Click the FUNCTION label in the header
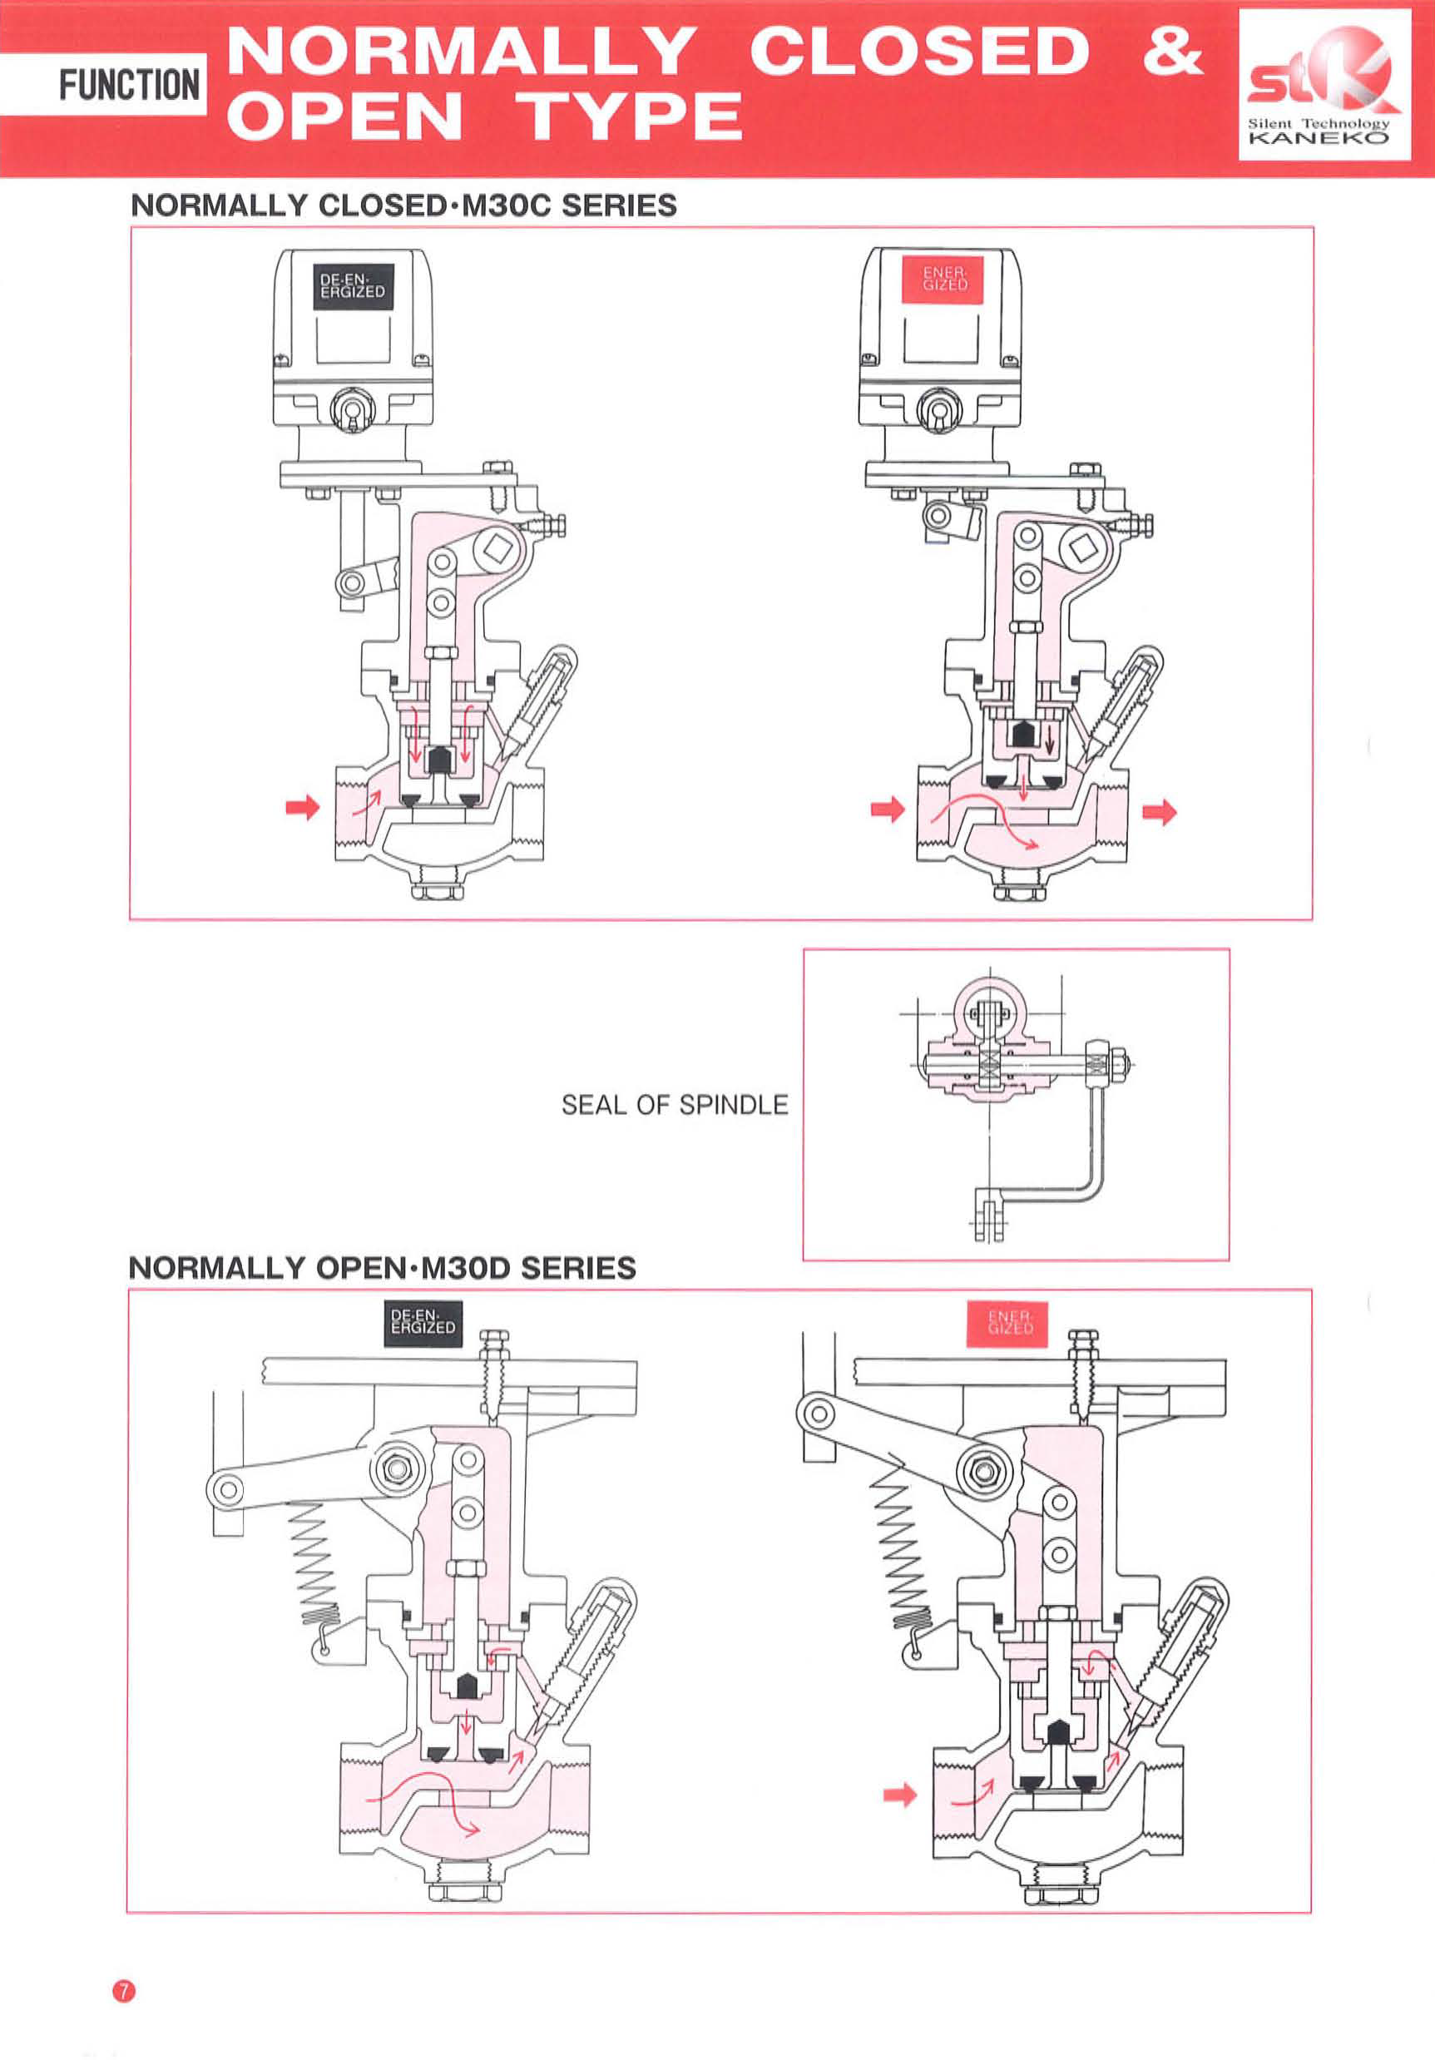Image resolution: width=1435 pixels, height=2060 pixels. (x=128, y=85)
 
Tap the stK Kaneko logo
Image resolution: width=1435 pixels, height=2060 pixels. (x=1324, y=85)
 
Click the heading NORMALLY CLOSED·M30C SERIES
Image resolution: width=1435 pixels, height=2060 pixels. (x=403, y=206)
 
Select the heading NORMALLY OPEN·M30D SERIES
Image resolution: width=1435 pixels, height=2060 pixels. (x=382, y=1268)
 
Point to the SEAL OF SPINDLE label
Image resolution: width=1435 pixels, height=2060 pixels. (x=675, y=1105)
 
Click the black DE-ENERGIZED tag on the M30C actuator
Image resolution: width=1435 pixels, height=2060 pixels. (x=353, y=286)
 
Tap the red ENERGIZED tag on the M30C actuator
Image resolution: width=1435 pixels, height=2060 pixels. (x=945, y=278)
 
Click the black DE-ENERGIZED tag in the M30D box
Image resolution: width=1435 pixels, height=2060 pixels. (x=423, y=1324)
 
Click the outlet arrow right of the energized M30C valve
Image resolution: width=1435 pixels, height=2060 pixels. (x=1159, y=813)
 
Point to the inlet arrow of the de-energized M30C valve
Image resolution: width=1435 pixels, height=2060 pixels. (x=302, y=806)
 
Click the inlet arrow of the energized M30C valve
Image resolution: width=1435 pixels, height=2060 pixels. (x=887, y=810)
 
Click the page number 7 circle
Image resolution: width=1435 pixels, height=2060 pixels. (x=124, y=1991)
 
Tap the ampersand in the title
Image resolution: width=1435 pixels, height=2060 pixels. (x=1172, y=50)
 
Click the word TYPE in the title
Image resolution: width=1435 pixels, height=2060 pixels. (x=632, y=116)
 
